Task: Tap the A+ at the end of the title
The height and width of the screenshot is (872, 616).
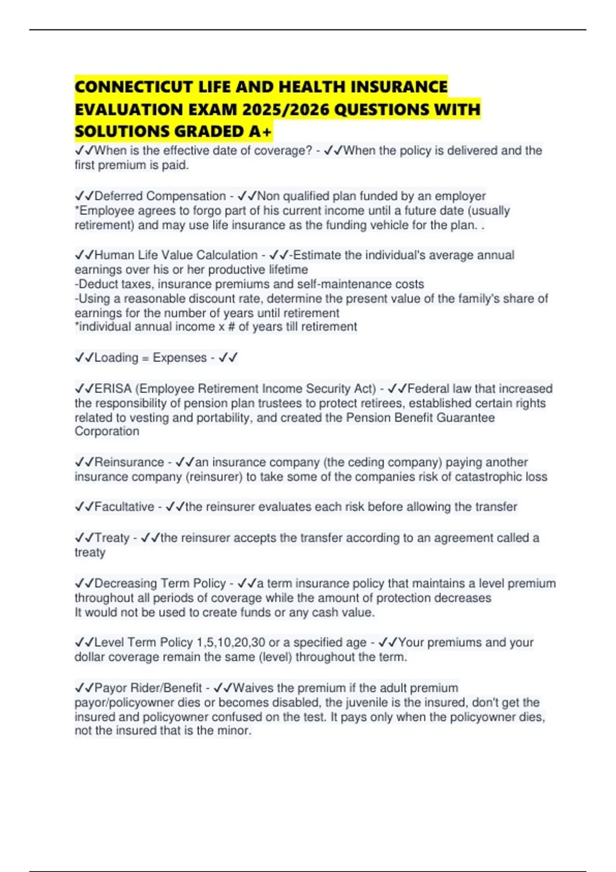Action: point(260,132)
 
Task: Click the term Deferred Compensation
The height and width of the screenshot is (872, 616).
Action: point(160,196)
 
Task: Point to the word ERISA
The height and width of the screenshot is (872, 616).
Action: point(113,388)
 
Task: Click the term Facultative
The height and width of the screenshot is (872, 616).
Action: point(124,507)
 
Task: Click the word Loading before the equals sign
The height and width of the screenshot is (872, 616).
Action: point(117,358)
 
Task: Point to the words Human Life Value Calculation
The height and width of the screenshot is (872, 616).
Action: point(176,255)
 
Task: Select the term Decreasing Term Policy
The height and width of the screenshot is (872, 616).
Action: point(160,583)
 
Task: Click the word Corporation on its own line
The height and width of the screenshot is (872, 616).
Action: point(107,431)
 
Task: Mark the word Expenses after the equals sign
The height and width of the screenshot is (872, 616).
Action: point(180,358)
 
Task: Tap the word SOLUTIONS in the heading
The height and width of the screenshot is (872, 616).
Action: point(122,132)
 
